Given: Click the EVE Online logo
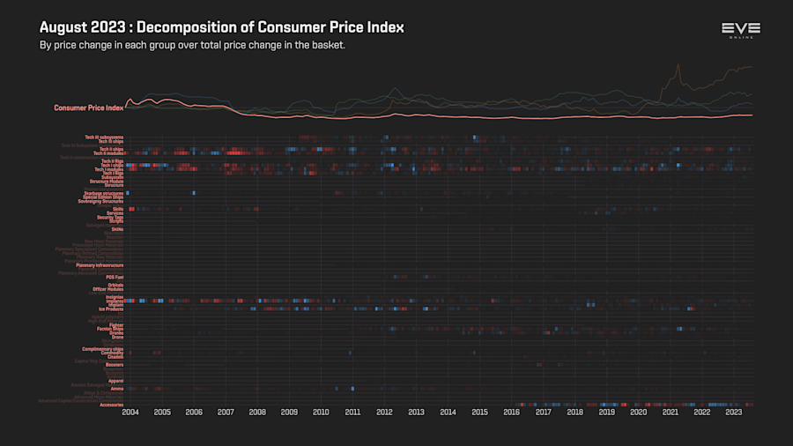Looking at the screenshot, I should (x=740, y=31).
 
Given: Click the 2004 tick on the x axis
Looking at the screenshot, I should (x=130, y=412).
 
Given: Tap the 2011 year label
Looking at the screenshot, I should (x=352, y=412).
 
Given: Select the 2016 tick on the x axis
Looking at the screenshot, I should (x=512, y=412).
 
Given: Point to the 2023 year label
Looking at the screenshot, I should (x=734, y=412).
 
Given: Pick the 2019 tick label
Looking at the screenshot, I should (x=607, y=412).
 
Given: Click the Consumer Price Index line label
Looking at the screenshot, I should (x=89, y=108).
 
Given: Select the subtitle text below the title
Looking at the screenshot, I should (x=192, y=45).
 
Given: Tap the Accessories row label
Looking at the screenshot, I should (x=112, y=405).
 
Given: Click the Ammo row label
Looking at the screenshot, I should (x=117, y=389).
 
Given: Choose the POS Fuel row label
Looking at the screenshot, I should (x=115, y=278).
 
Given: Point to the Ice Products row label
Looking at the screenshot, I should (x=110, y=309).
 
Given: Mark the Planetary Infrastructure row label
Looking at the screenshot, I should (x=100, y=265).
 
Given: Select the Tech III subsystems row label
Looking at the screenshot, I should (x=104, y=137).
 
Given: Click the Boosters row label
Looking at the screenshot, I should (x=115, y=365).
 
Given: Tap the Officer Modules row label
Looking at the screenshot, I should (x=108, y=289).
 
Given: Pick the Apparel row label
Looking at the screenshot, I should (x=115, y=381).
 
